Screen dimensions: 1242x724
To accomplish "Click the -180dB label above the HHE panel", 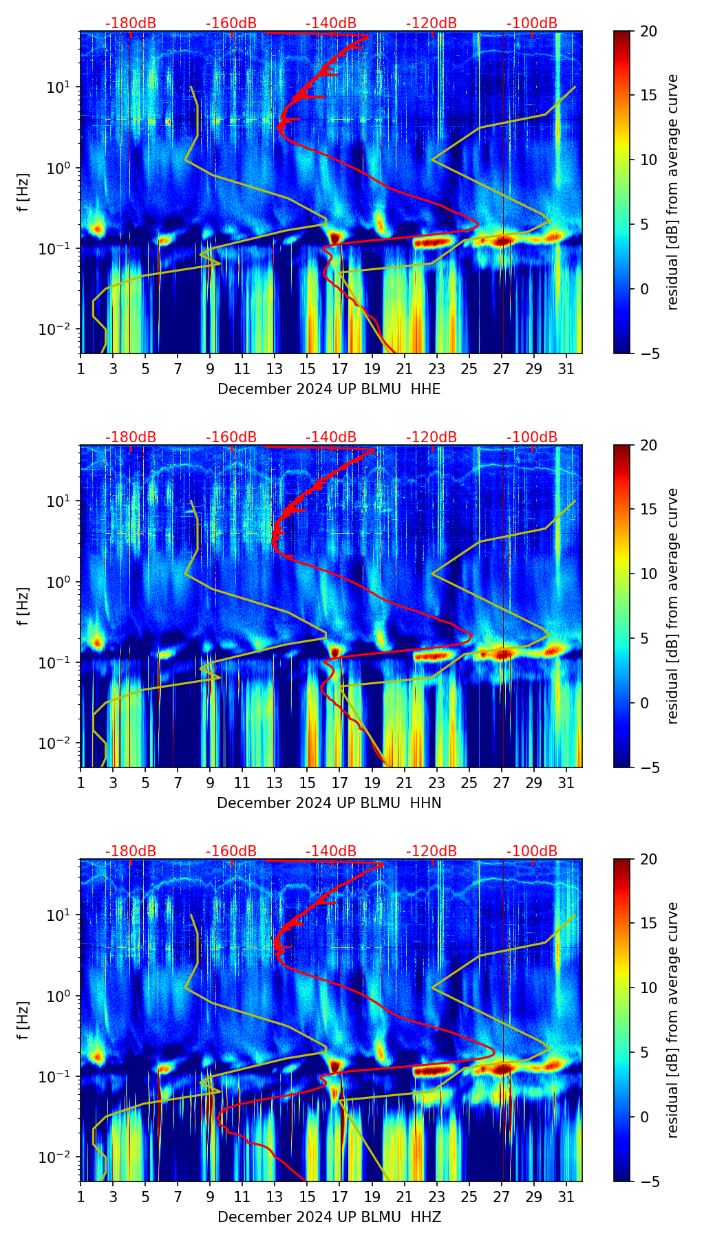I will coord(131,23).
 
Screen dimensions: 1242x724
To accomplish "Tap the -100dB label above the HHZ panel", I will coord(532,851).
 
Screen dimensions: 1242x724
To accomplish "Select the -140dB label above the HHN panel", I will coord(331,437).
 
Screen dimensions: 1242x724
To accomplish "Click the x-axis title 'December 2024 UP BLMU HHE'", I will coord(329,389).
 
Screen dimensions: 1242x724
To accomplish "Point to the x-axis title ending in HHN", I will coord(329,803).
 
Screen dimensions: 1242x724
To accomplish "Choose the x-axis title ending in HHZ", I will coord(329,1217).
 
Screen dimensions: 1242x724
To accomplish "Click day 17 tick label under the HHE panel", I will coord(340,369).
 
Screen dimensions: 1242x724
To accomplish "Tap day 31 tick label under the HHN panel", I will coord(566,783).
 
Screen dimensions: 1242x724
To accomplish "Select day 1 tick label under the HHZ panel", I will coord(81,1197).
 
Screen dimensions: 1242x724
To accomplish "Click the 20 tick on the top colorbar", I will coord(649,31).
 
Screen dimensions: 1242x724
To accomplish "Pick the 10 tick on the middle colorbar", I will coord(649,574).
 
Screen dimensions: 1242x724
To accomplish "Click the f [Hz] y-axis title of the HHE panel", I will coord(23,192).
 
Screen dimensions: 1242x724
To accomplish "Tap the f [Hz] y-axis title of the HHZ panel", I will coord(23,1020).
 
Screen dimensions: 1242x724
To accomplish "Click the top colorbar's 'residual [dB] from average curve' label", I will coord(673,192).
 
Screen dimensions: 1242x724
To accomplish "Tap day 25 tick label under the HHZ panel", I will coord(469,1197).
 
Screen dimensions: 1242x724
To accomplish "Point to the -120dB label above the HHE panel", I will coord(432,23).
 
